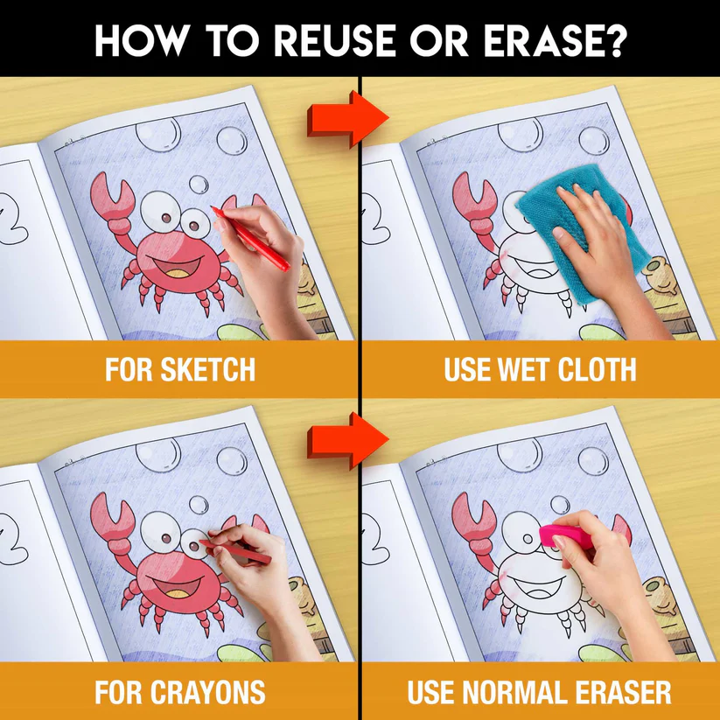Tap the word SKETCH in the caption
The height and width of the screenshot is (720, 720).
coord(207,369)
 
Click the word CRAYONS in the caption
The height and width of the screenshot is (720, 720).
coord(207,692)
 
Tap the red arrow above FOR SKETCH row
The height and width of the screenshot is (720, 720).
coord(347,118)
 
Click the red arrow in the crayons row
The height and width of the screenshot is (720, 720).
coord(347,440)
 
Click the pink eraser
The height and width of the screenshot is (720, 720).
coord(567,536)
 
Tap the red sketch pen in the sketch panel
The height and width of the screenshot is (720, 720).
coord(250,238)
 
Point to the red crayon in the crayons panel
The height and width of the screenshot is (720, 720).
coord(235,551)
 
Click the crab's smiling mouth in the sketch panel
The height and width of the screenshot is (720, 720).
coord(177,266)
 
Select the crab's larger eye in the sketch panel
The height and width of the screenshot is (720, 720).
coord(161,211)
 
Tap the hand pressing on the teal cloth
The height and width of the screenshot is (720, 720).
coord(592,239)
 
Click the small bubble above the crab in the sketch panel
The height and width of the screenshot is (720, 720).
coord(199,184)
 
